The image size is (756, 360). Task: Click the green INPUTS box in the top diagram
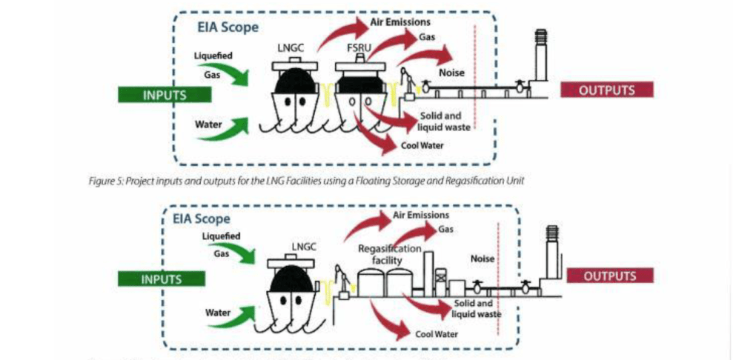[x=165, y=95]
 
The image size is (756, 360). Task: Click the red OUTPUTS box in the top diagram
[x=606, y=90]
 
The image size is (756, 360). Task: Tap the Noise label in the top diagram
[x=450, y=72]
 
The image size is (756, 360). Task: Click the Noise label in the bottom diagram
[x=482, y=259]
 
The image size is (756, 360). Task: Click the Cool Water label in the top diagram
[x=422, y=145]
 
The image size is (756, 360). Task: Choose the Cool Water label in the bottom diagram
[x=434, y=333]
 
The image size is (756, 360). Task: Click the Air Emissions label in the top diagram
[x=400, y=22]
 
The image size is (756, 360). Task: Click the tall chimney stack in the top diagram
[x=540, y=56]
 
